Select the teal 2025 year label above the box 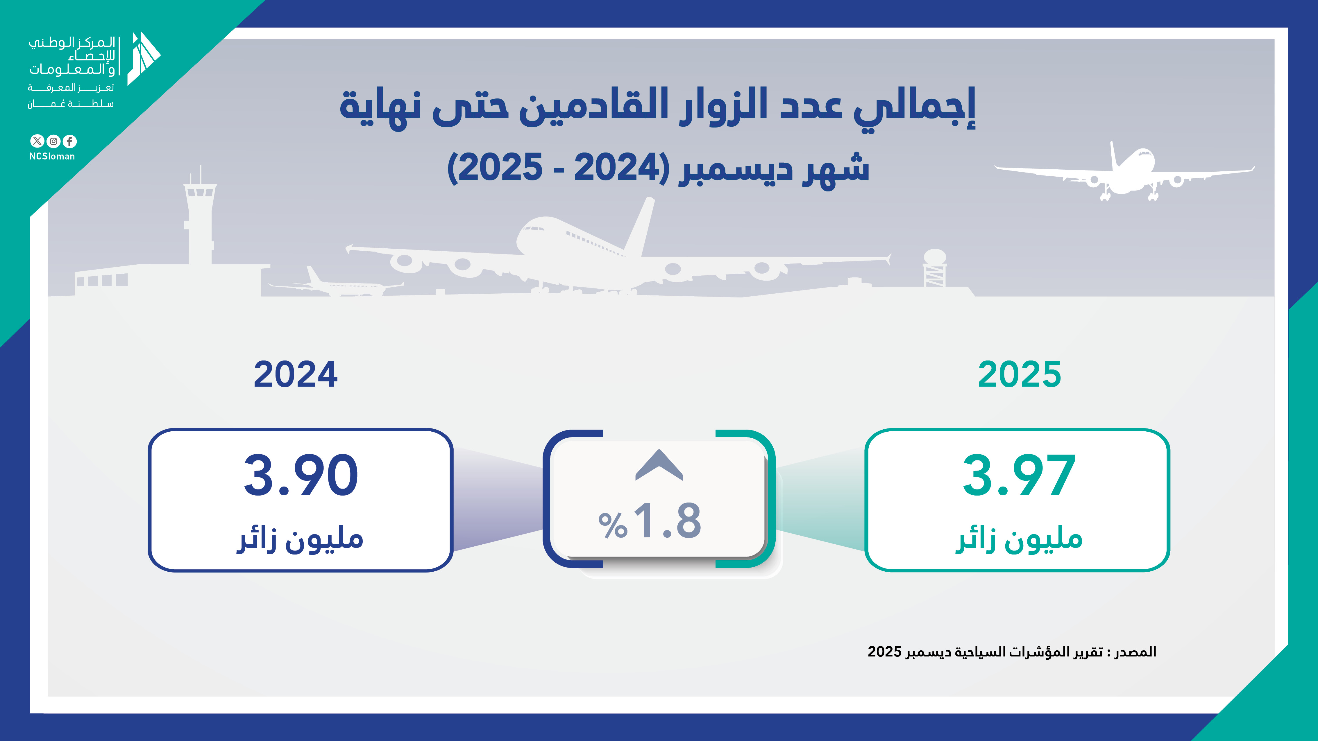[1019, 374]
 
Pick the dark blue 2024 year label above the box [296, 374]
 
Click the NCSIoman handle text [52, 157]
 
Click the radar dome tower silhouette [935, 268]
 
